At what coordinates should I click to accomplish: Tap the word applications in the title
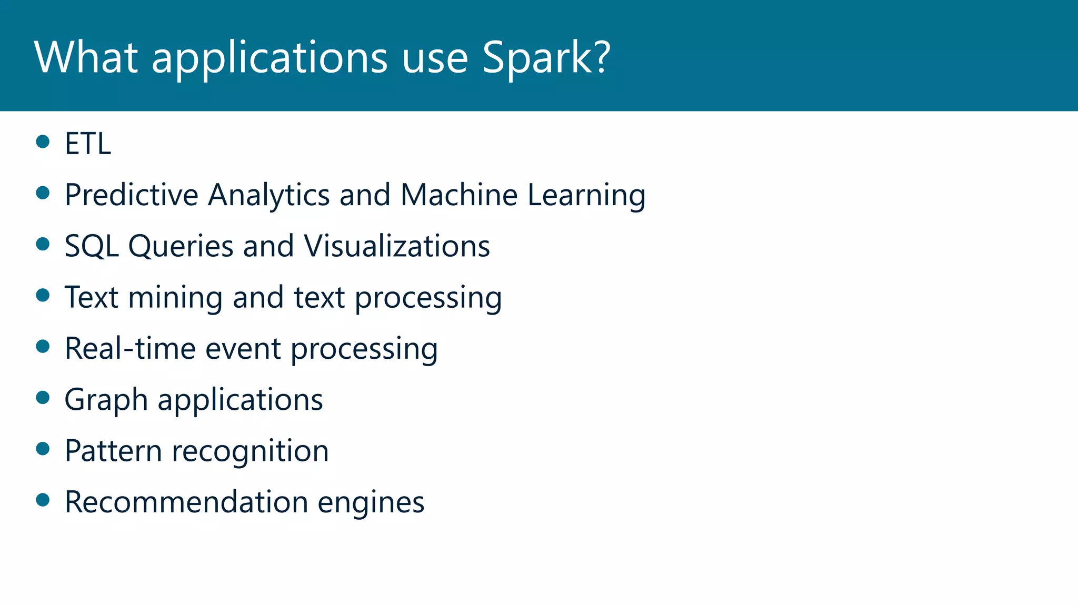269,58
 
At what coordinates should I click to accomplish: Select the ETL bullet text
88,143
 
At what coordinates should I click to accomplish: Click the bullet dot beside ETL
43,142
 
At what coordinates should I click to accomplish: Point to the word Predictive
131,195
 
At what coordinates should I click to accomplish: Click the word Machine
459,195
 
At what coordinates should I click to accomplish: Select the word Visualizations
397,246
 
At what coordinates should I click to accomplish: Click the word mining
175,298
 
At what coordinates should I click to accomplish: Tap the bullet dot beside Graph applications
43,397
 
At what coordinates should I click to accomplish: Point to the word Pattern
113,451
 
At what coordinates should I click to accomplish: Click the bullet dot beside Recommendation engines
43,500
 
